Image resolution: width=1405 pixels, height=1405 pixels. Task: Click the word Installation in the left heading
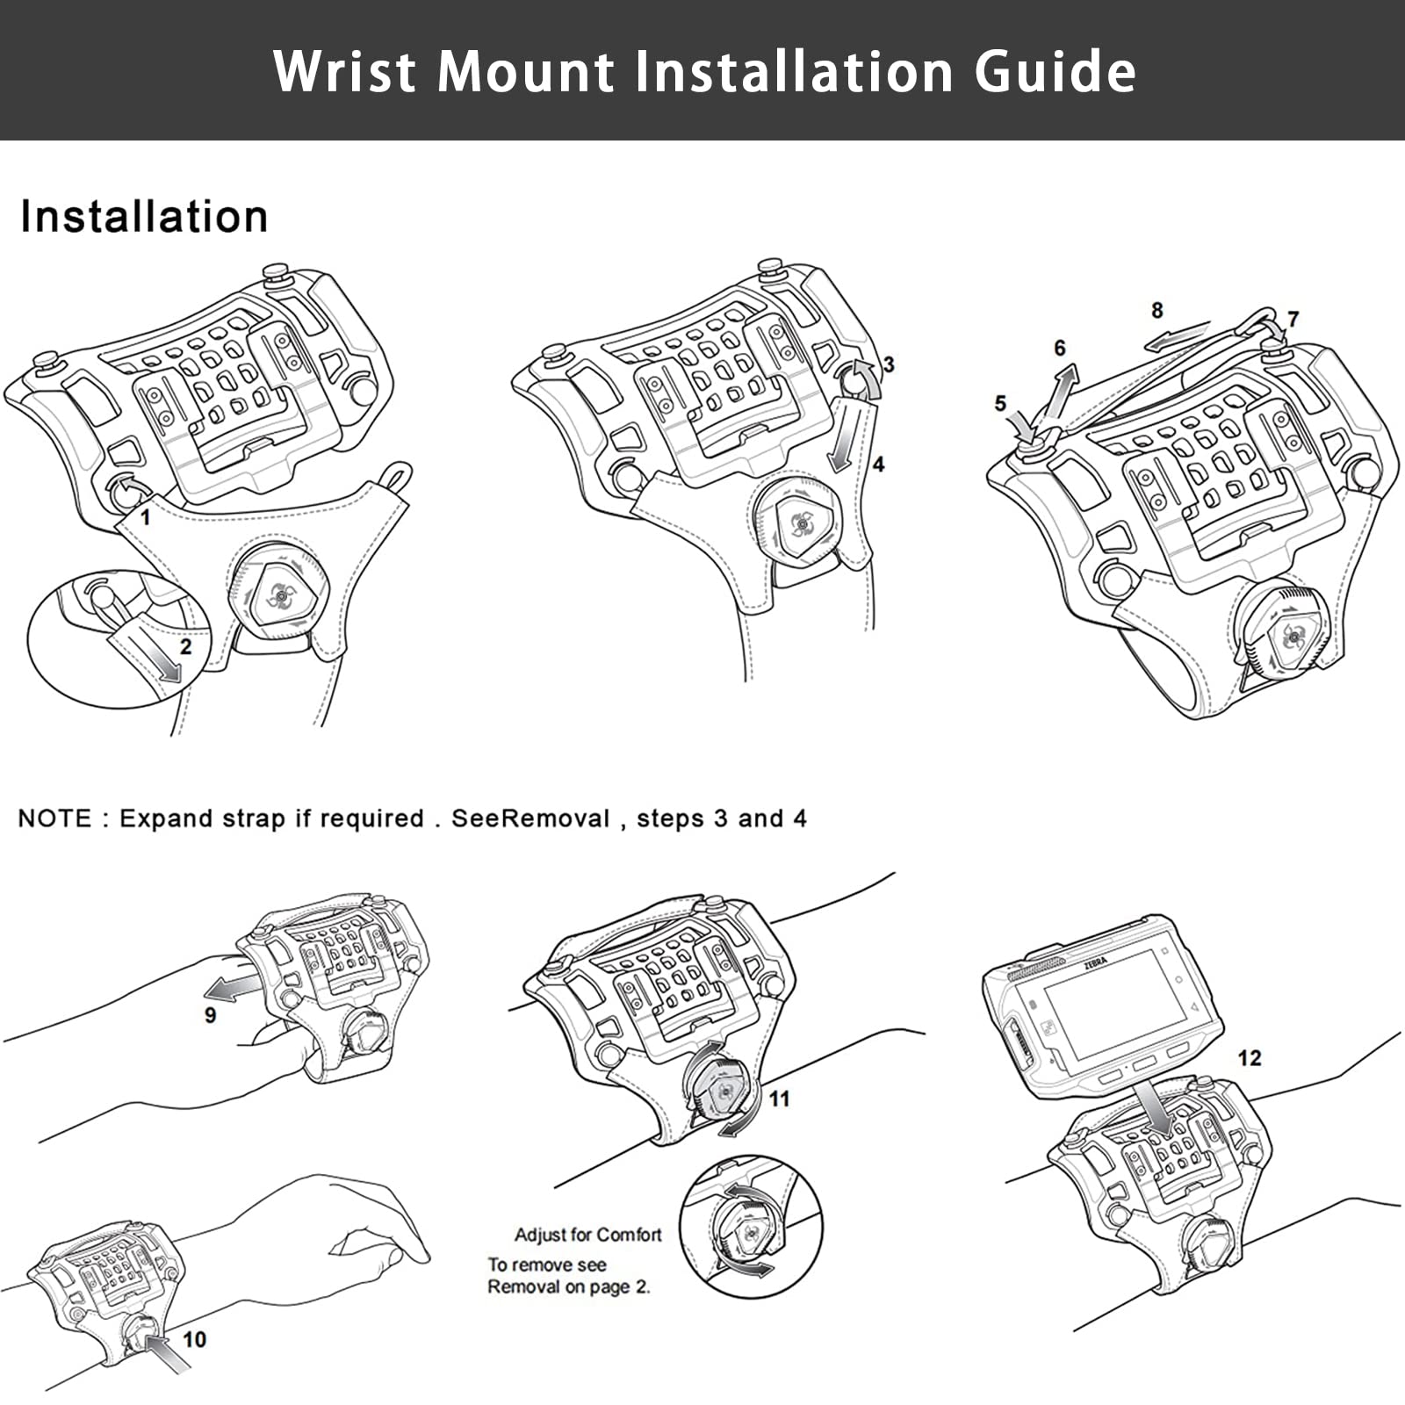[144, 217]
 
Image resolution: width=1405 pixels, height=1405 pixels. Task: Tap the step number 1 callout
[146, 518]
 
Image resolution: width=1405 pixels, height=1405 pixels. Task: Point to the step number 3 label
[889, 364]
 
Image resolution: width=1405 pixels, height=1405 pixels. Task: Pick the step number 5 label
[1000, 403]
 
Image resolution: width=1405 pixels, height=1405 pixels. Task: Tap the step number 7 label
[1293, 319]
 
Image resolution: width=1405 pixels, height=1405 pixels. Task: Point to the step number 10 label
[194, 1338]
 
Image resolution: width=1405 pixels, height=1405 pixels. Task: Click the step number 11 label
[779, 1099]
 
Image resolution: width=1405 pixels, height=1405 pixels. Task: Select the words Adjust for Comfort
[587, 1235]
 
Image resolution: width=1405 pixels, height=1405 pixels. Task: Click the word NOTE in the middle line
[54, 818]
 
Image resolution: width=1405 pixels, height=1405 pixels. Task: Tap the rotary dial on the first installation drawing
[278, 594]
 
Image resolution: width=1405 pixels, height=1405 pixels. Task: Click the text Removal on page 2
[568, 1287]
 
